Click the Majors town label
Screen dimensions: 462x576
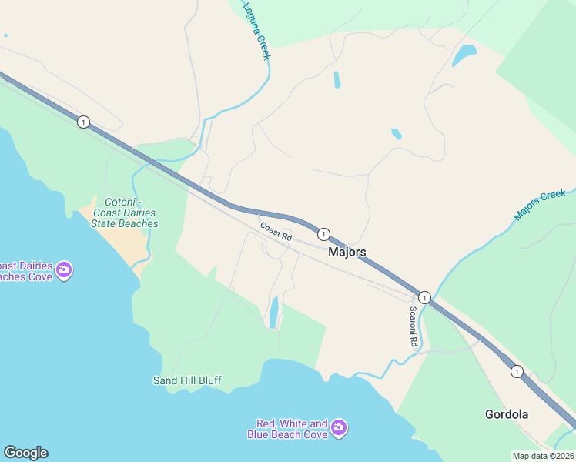coord(347,252)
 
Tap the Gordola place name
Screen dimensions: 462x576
coord(507,414)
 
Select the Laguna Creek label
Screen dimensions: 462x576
coord(257,31)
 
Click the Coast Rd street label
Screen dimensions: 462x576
coord(276,232)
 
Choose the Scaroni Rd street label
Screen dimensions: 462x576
coord(414,326)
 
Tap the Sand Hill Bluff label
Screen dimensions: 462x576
coord(187,380)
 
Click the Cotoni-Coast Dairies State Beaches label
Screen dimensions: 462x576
coord(125,213)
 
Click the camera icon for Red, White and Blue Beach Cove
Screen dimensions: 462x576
coord(340,427)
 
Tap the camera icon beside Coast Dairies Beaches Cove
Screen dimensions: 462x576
coord(64,269)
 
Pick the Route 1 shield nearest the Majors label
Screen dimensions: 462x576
coord(323,234)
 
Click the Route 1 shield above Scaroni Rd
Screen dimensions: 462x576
coord(424,297)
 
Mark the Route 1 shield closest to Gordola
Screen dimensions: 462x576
coord(516,371)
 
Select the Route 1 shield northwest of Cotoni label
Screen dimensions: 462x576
coord(83,122)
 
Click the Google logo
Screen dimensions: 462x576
coord(25,453)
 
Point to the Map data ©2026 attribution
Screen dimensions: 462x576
coord(543,456)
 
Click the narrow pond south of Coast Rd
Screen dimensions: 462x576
coord(273,312)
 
